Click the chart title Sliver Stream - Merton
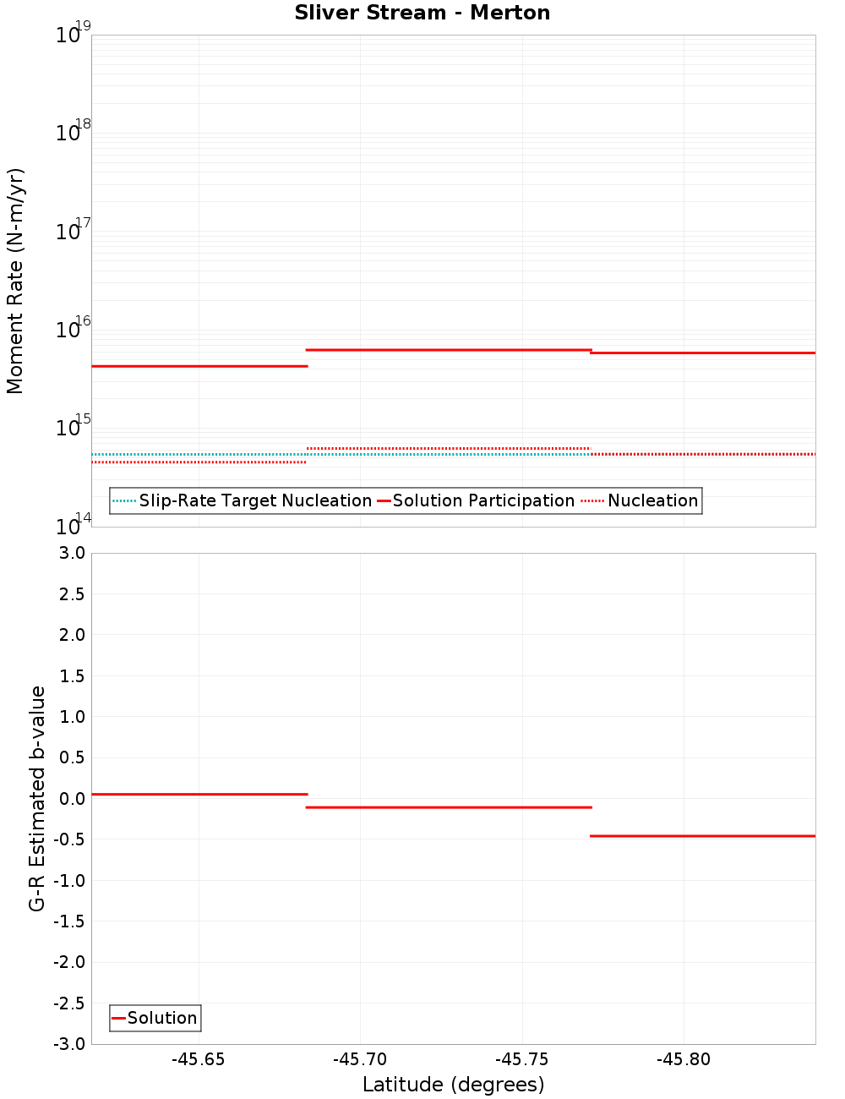point(422,14)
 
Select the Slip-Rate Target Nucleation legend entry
point(243,501)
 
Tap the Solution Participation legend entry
point(475,501)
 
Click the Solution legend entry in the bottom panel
point(155,1018)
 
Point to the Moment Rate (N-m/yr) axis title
point(15,281)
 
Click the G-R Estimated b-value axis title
point(37,798)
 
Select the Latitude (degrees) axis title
point(453,1085)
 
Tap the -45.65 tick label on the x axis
point(199,1059)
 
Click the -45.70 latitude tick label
point(360,1059)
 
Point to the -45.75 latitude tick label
point(522,1059)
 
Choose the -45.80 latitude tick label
point(684,1059)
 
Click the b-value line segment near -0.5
point(701,836)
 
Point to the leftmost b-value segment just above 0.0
point(199,795)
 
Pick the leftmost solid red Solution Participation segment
point(199,366)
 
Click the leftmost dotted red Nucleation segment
point(199,462)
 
